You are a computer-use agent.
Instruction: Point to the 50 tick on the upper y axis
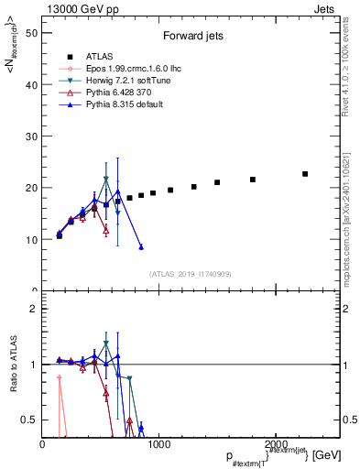click(33, 32)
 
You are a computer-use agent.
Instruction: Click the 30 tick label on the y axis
click(33, 136)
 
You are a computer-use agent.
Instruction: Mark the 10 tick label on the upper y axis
click(33, 239)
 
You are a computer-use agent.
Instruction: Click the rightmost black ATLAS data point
click(305, 174)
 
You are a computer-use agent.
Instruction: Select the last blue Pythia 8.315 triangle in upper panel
click(141, 247)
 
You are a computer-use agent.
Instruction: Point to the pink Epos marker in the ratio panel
click(60, 377)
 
